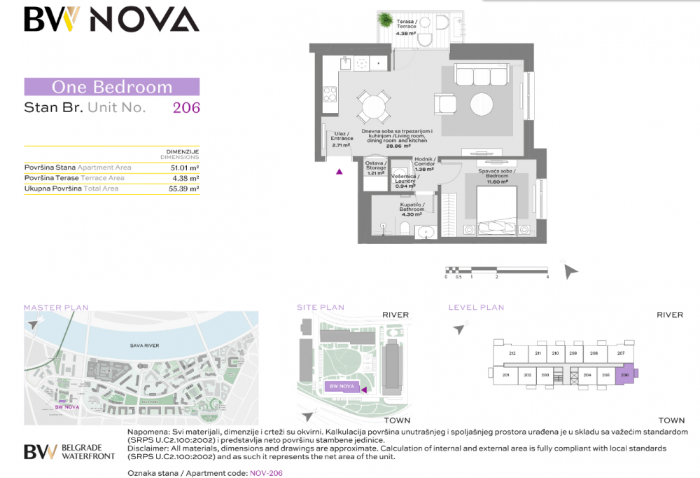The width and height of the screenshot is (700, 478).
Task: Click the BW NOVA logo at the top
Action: [111, 20]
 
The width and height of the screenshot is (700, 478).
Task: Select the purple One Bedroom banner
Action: [112, 87]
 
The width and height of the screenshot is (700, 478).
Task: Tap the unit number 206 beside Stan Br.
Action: [186, 108]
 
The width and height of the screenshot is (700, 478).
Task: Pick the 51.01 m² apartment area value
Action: [185, 168]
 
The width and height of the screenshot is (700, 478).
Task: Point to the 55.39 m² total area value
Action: [185, 189]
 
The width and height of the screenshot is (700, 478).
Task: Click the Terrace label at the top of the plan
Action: [406, 25]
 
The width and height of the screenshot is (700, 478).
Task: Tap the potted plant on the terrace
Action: [386, 21]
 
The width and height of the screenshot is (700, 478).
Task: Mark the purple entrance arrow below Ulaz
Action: [339, 170]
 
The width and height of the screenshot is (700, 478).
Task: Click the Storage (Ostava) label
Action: [376, 168]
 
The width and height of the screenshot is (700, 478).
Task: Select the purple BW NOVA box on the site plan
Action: [342, 386]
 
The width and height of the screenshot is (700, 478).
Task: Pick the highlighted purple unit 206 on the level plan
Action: [626, 374]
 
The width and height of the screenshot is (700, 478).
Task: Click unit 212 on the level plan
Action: [512, 354]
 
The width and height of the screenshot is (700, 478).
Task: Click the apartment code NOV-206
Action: [266, 473]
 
